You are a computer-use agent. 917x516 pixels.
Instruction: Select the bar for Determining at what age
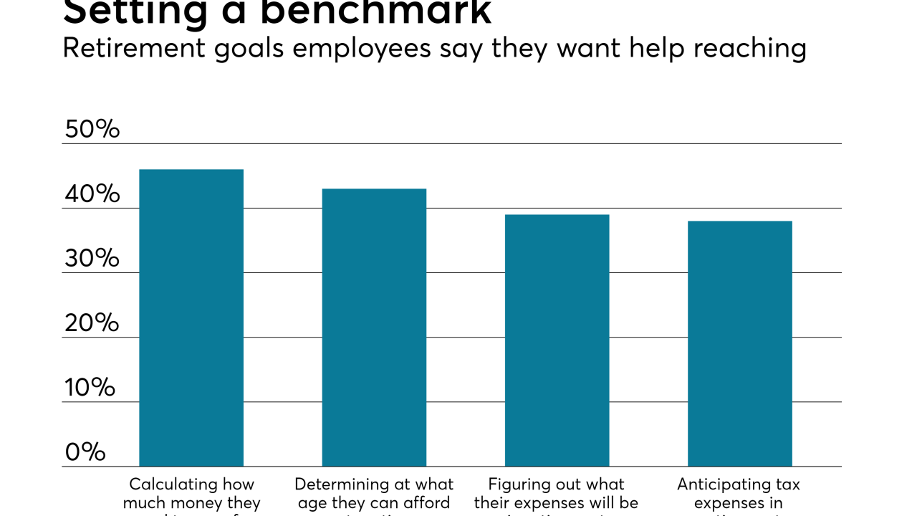pyautogui.click(x=374, y=328)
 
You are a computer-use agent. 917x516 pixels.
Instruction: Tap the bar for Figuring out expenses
pyautogui.click(x=557, y=340)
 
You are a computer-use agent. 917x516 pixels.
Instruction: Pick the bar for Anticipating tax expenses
pyautogui.click(x=739, y=343)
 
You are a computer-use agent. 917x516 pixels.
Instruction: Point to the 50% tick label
pyautogui.click(x=92, y=130)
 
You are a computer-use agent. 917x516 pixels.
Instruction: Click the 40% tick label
pyautogui.click(x=92, y=194)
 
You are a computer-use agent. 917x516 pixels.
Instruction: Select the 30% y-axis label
pyautogui.click(x=92, y=259)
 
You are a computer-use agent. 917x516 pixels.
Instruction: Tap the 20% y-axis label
pyautogui.click(x=92, y=323)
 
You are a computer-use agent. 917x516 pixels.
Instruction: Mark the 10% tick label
pyautogui.click(x=90, y=388)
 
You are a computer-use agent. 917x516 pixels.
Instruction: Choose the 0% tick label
pyautogui.click(x=85, y=452)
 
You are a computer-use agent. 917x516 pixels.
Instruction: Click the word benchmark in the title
pyautogui.click(x=376, y=11)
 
